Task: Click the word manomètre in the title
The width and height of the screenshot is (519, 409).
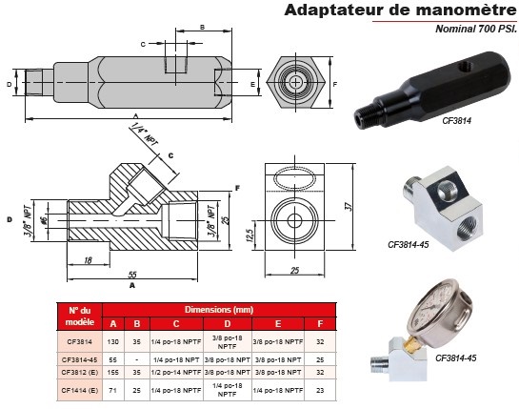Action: pyautogui.click(x=463, y=11)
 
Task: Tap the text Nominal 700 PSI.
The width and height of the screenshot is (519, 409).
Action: pyautogui.click(x=476, y=30)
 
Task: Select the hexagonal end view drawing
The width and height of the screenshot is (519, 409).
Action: pyautogui.click(x=295, y=84)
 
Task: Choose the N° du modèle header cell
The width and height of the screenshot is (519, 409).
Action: pyautogui.click(x=79, y=317)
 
